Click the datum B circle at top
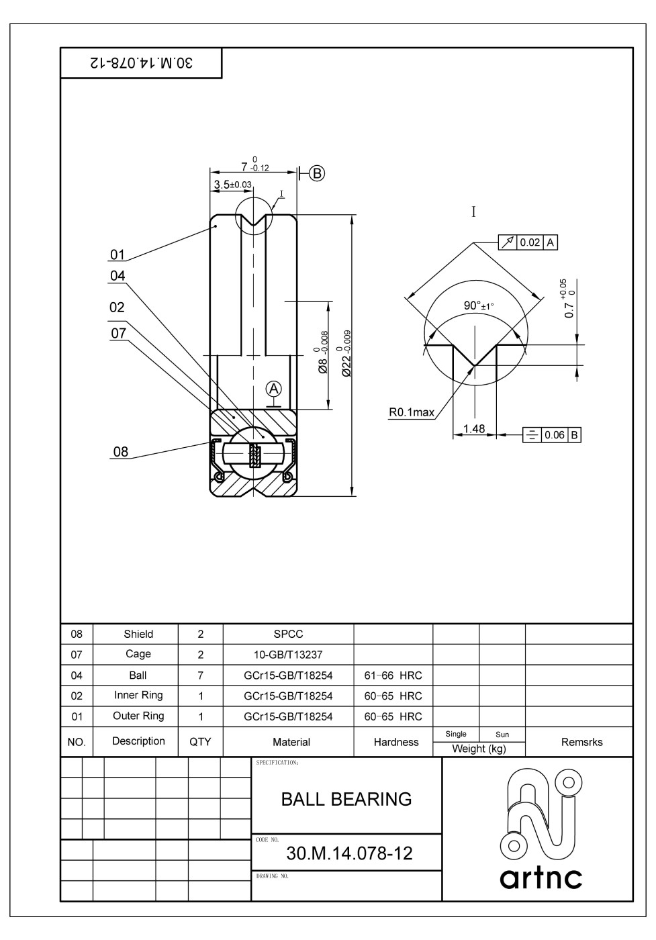point(317,173)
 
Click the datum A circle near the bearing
point(273,388)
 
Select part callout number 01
point(118,254)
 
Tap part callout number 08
point(120,451)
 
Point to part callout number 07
point(118,334)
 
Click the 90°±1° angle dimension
point(478,306)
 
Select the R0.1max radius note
point(411,412)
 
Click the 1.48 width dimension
point(474,428)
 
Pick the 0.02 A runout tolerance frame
point(528,242)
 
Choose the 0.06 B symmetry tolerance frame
point(552,435)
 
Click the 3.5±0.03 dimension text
point(232,185)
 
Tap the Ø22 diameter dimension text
point(346,353)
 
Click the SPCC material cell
point(288,634)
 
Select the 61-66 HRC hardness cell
point(393,675)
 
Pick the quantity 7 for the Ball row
point(200,675)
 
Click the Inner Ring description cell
point(138,696)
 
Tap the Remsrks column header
point(581,742)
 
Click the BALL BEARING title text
point(346,799)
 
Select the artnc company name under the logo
point(541,878)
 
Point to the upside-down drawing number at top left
point(141,63)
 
